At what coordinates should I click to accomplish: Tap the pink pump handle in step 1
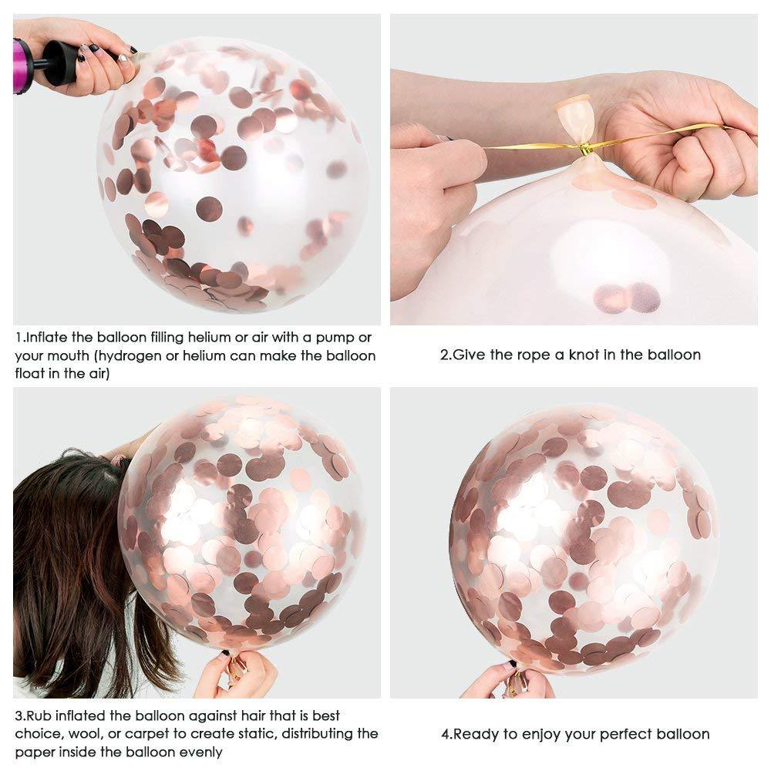pyautogui.click(x=22, y=66)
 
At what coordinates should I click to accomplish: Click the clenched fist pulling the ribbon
pyautogui.click(x=698, y=150)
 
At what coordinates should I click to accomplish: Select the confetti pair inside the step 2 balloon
pyautogui.click(x=627, y=298)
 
